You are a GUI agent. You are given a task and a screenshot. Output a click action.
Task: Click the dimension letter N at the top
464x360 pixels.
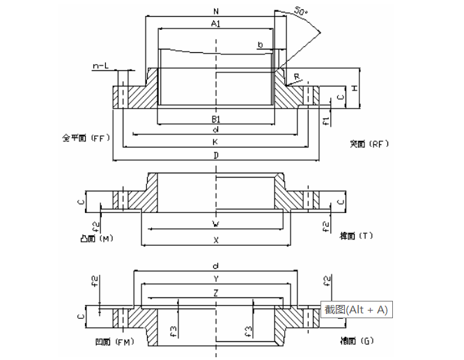217,10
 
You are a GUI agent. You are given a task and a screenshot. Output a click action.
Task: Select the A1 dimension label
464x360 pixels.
217,24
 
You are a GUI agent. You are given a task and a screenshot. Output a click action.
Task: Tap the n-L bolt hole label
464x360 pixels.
101,66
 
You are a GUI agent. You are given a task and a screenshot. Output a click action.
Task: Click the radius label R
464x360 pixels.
297,76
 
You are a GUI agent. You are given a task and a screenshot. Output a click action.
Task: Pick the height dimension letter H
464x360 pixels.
355,88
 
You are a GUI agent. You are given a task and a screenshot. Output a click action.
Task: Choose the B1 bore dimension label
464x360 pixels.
217,119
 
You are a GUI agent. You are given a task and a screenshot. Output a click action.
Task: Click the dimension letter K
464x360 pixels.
217,141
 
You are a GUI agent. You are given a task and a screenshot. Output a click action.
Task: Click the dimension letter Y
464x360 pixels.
217,278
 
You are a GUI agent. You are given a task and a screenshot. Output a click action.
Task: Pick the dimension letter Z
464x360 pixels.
217,293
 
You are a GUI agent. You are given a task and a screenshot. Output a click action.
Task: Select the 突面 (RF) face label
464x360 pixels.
369,144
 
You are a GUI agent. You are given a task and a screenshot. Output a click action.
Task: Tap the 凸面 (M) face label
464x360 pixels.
97,238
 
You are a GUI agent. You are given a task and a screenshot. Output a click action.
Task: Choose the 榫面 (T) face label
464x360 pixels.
357,236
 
